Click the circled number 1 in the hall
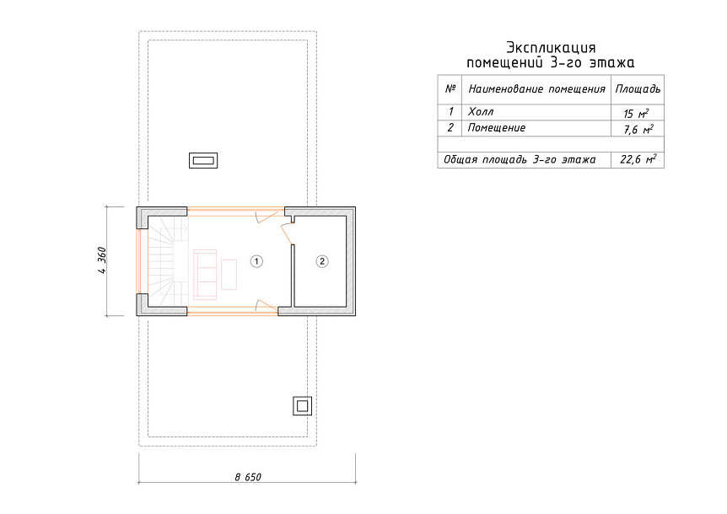click(256, 261)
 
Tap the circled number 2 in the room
click(322, 261)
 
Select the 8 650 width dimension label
click(248, 477)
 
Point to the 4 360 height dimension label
click(102, 260)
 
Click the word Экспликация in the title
click(551, 47)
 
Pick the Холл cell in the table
click(481, 111)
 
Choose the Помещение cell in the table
click(497, 128)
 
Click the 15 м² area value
click(636, 114)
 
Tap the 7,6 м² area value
click(638, 130)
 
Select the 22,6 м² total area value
click(638, 159)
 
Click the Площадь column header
click(638, 89)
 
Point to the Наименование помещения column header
click(537, 89)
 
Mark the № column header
click(450, 88)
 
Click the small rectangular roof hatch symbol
click(203, 160)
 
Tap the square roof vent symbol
click(302, 406)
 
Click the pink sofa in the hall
click(205, 275)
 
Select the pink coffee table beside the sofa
click(229, 275)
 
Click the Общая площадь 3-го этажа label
click(520, 160)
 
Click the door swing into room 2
click(287, 233)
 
